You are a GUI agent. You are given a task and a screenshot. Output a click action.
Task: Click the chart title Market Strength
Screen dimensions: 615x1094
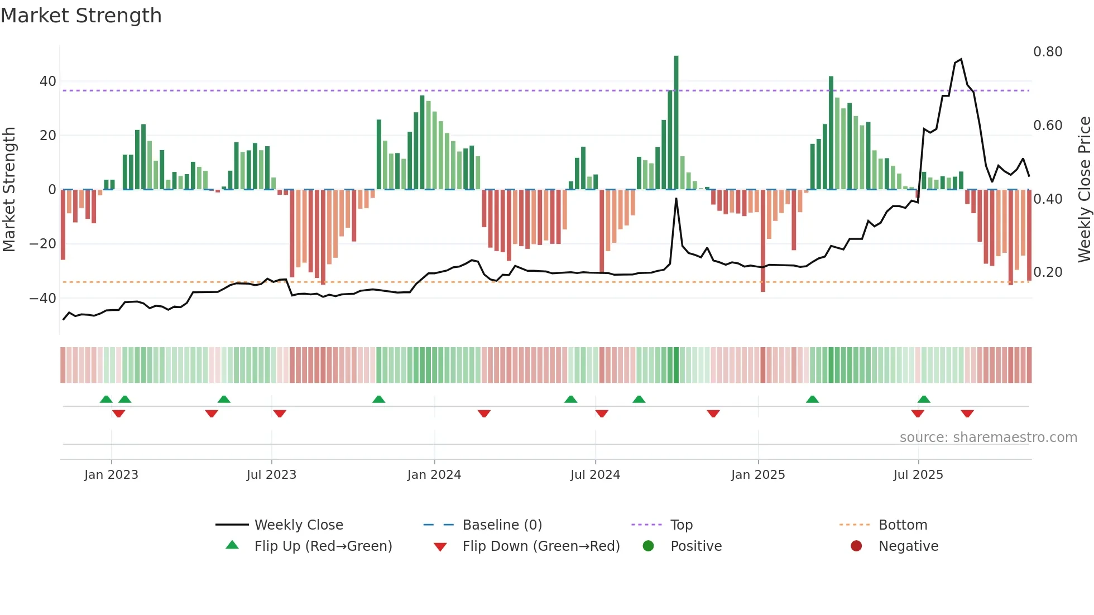pyautogui.click(x=81, y=16)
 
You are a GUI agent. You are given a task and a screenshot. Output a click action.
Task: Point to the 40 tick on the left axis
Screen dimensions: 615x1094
pyautogui.click(x=48, y=81)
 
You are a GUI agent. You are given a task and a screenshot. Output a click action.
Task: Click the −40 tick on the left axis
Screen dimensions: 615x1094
pyautogui.click(x=44, y=299)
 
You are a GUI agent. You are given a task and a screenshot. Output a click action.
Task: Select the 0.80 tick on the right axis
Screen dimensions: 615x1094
pyautogui.click(x=1048, y=52)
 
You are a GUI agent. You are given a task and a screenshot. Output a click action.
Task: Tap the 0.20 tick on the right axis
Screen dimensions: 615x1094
pyautogui.click(x=1048, y=272)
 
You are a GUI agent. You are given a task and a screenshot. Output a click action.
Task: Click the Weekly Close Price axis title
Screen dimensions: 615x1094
pyautogui.click(x=1084, y=189)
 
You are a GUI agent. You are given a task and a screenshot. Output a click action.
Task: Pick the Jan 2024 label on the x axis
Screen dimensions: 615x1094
pyautogui.click(x=434, y=475)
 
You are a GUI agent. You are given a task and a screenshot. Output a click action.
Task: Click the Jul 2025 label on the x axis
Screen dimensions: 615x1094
pyautogui.click(x=918, y=475)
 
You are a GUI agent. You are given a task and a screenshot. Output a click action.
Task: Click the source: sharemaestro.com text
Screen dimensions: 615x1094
pyautogui.click(x=988, y=438)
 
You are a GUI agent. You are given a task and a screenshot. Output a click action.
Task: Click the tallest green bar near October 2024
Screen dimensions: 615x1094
pyautogui.click(x=676, y=123)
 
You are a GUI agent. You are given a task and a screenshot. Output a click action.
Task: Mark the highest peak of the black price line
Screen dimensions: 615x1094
pyautogui.click(x=961, y=59)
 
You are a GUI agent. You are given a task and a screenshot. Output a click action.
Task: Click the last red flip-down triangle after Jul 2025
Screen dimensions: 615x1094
pyautogui.click(x=967, y=414)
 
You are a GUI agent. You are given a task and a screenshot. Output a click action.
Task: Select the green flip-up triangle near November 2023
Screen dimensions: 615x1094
pyautogui.click(x=378, y=399)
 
